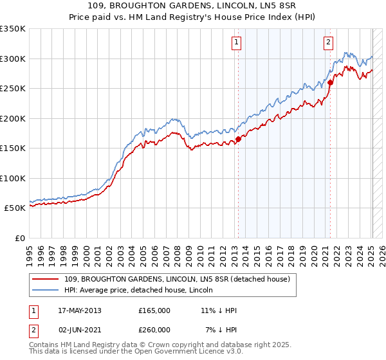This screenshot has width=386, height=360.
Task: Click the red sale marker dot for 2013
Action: (238, 138)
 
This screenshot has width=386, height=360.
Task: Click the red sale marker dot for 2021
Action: (330, 82)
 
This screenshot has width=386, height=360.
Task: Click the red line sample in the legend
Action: (45, 279)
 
